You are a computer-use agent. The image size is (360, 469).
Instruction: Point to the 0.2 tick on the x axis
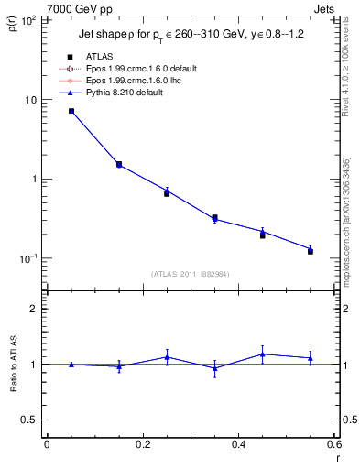point(143,444)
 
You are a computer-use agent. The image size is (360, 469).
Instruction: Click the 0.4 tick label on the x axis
point(238,444)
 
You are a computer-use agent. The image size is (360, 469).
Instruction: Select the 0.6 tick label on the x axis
point(334,444)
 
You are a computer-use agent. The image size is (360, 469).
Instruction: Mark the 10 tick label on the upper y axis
point(31,100)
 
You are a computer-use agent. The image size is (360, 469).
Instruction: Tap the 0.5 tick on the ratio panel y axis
point(31,420)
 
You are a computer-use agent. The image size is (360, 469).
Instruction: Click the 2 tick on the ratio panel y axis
point(35,309)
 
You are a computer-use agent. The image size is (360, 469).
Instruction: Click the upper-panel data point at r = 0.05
point(71,111)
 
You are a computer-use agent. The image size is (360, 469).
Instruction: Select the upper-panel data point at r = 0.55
point(311,249)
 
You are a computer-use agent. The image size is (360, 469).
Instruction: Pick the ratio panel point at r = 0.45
point(263,354)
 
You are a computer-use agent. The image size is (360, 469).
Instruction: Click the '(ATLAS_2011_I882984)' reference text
point(190,273)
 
